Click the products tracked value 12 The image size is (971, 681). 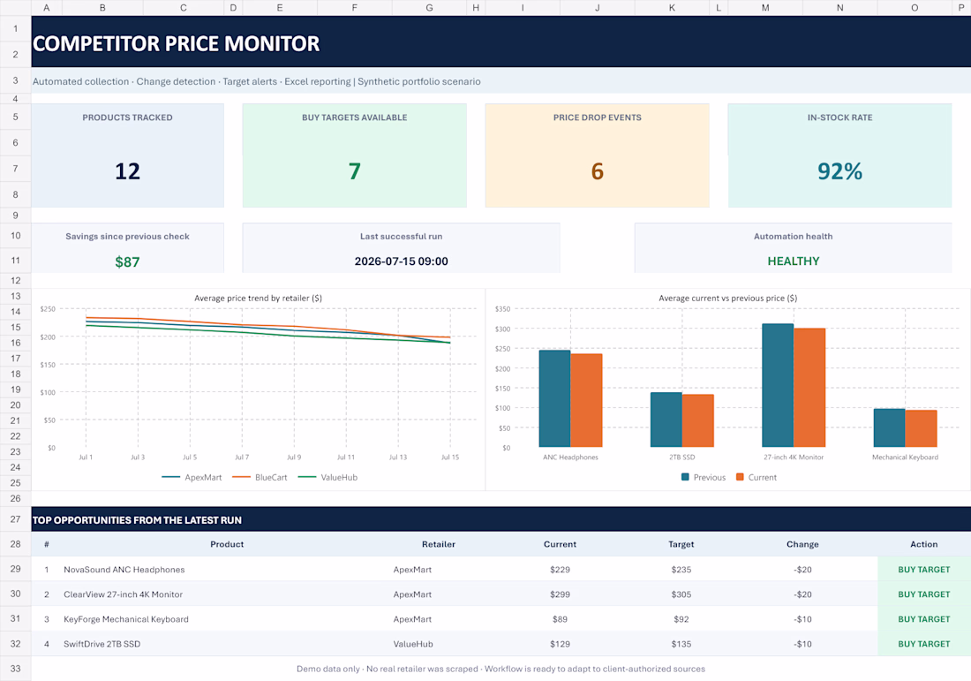(128, 171)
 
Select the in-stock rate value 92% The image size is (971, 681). (839, 171)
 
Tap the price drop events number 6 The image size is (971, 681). (597, 171)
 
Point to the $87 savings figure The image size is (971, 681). (127, 262)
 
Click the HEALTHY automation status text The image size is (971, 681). (794, 261)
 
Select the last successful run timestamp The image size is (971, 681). (402, 261)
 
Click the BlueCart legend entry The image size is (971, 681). (260, 477)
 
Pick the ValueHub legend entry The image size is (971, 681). (327, 477)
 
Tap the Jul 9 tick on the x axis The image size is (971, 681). (294, 458)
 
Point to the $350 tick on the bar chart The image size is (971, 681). (502, 308)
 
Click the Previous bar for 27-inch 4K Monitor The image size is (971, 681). (778, 385)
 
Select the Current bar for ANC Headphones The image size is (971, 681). (586, 400)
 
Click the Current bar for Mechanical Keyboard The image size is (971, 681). (921, 428)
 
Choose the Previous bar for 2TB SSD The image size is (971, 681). (666, 420)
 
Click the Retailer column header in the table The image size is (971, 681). (439, 544)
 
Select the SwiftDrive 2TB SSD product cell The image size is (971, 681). (102, 644)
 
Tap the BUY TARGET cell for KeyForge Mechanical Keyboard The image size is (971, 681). (924, 619)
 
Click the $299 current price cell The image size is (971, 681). (560, 594)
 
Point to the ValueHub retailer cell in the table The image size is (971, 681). (413, 644)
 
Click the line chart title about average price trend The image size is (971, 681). (259, 298)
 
